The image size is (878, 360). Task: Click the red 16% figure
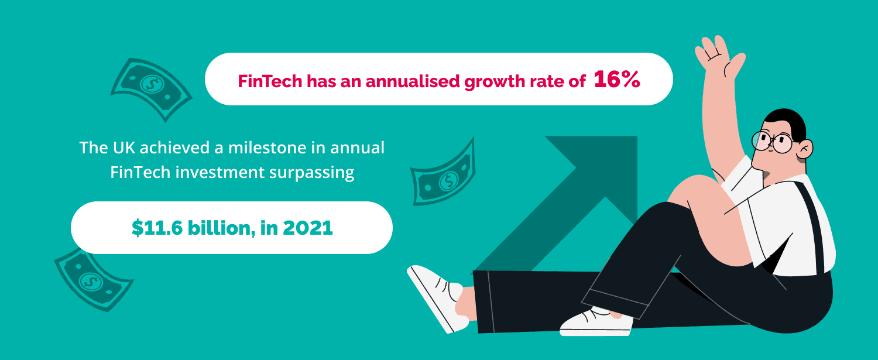[x=617, y=80]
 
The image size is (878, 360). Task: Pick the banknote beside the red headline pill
[x=151, y=87]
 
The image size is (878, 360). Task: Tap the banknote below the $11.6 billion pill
[x=91, y=277]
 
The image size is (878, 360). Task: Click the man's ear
[x=805, y=149]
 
